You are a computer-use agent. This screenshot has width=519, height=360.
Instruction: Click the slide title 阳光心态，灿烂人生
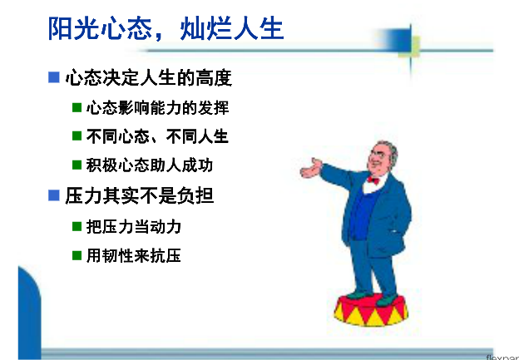[166, 28]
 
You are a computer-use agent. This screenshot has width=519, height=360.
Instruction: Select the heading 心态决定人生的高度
[149, 78]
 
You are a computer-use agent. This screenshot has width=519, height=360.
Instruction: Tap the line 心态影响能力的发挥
[157, 108]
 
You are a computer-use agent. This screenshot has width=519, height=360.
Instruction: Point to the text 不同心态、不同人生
[157, 136]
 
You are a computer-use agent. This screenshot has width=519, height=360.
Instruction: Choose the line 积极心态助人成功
[149, 165]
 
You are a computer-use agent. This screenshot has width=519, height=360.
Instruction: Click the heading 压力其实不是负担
[140, 195]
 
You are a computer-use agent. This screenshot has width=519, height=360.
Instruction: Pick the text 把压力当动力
[134, 227]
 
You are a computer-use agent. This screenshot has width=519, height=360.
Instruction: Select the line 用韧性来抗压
[134, 255]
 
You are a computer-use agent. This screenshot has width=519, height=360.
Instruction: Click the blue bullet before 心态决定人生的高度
[53, 77]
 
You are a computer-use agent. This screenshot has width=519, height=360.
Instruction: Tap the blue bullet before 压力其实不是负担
[53, 195]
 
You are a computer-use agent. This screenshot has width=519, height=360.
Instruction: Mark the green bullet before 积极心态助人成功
[77, 165]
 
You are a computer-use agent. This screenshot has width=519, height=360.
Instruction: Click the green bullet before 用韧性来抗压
[77, 255]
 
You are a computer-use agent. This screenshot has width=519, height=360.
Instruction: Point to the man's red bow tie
[373, 180]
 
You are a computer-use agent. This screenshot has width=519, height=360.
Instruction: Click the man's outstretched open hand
[310, 168]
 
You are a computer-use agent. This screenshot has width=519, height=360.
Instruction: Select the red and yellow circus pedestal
[371, 310]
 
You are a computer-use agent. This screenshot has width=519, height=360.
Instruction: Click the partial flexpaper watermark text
[502, 357]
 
